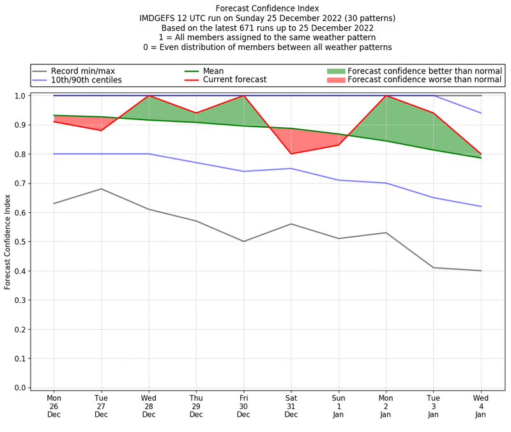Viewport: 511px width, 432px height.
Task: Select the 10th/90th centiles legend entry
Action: coord(86,81)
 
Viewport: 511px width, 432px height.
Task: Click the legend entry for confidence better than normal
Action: coord(425,71)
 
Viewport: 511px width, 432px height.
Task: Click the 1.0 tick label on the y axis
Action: coord(20,96)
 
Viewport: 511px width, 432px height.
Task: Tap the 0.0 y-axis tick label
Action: coord(20,388)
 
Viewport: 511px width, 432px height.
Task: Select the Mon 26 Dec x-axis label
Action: coord(54,406)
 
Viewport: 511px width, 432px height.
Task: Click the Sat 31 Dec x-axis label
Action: coord(291,406)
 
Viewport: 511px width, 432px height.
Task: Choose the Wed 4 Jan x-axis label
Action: coord(481,406)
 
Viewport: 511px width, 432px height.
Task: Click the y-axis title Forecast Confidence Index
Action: coord(8,242)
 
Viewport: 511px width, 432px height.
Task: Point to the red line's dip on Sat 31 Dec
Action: coord(291,153)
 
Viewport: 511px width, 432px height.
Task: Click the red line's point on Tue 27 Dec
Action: coord(101,130)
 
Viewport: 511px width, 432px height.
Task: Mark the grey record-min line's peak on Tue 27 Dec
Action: coord(101,189)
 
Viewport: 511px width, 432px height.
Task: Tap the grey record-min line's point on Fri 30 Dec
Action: coord(243,242)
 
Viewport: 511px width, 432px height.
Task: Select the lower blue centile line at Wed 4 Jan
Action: coord(481,206)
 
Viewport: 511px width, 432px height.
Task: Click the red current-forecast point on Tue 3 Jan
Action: coord(434,113)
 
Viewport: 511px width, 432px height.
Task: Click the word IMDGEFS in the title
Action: coord(158,19)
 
